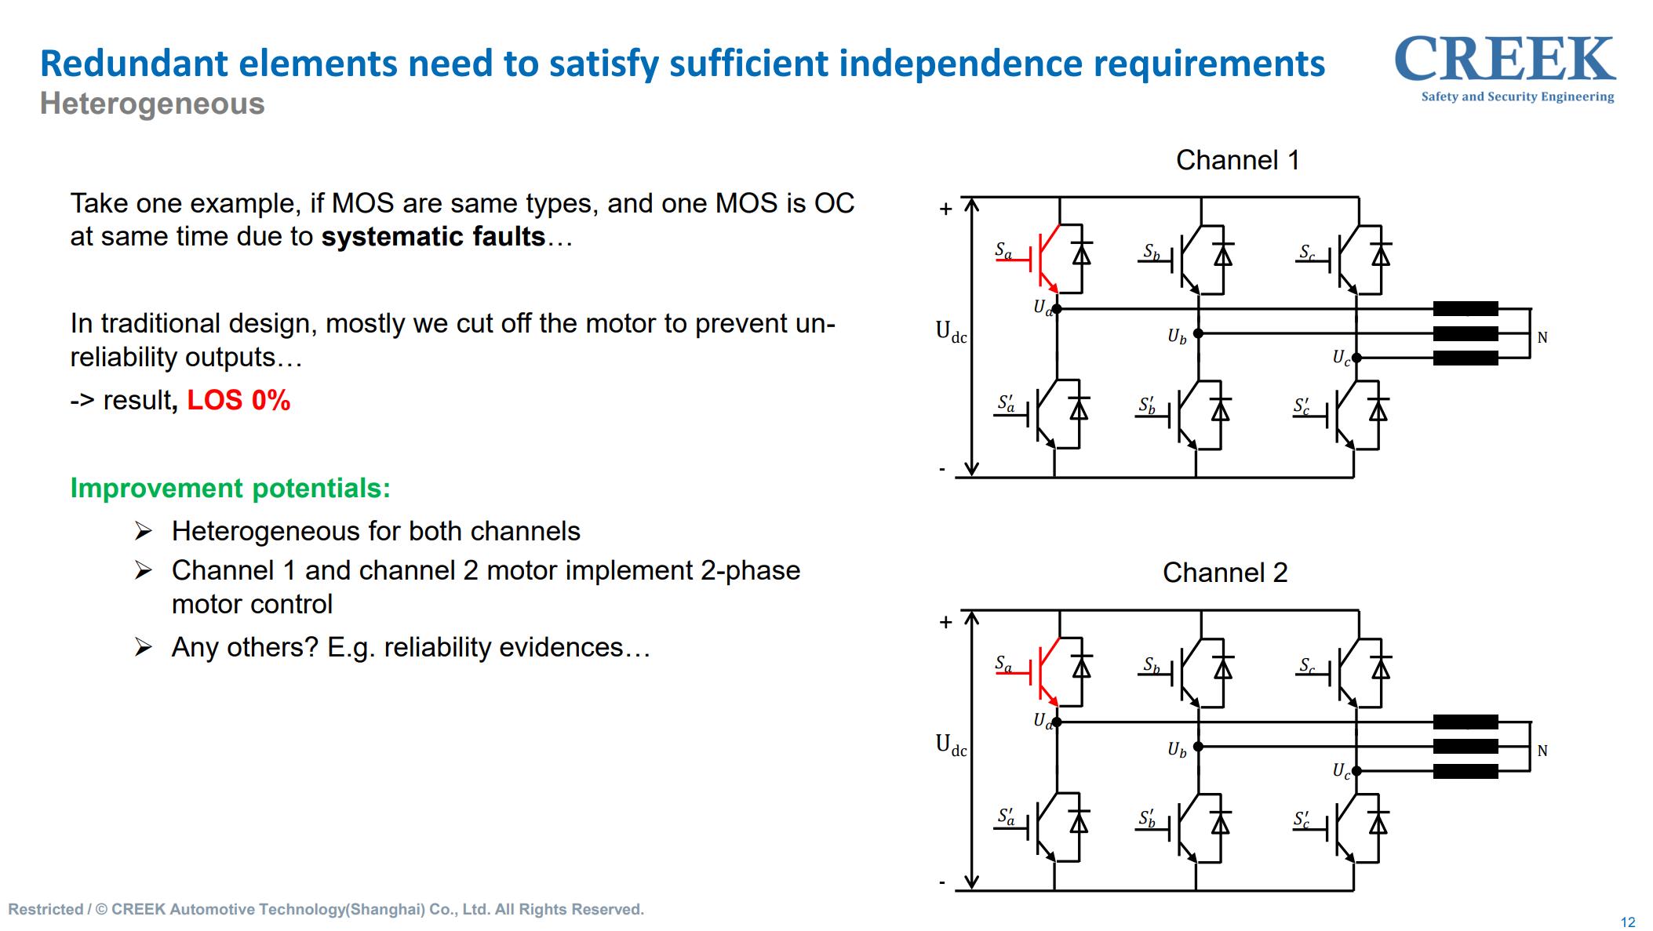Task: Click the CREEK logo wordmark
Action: click(x=1504, y=60)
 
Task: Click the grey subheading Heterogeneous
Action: click(x=152, y=104)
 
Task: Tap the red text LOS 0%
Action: click(x=238, y=401)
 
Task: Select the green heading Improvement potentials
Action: click(x=230, y=488)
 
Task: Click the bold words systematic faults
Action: click(x=433, y=237)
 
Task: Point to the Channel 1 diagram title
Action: click(x=1237, y=160)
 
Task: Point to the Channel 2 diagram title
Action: click(x=1225, y=573)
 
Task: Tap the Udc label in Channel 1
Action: click(x=951, y=332)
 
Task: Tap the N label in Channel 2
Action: click(x=1542, y=751)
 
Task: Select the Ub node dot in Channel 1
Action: click(x=1198, y=333)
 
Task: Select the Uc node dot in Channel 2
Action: click(x=1356, y=771)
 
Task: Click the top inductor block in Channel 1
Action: click(x=1465, y=309)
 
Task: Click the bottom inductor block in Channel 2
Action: click(x=1465, y=771)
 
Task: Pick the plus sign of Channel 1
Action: click(x=946, y=209)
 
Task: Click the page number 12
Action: click(x=1628, y=922)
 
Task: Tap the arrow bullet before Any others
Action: click(x=143, y=647)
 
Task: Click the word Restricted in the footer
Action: click(x=46, y=909)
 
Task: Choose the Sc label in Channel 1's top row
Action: click(x=1306, y=252)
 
